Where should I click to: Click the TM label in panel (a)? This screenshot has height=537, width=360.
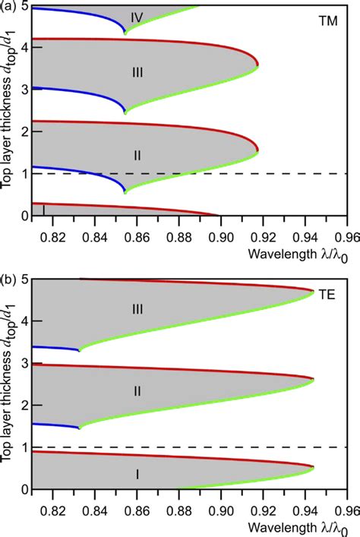click(x=327, y=24)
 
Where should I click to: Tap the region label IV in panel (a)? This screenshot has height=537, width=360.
click(x=137, y=15)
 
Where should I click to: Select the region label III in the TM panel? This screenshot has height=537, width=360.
click(x=137, y=72)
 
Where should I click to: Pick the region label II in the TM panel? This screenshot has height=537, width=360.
click(x=137, y=155)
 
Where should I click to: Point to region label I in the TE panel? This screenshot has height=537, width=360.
click(x=137, y=474)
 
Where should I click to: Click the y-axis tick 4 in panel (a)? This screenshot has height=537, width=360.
click(x=26, y=47)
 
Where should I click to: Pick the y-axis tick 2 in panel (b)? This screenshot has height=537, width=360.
click(x=26, y=406)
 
